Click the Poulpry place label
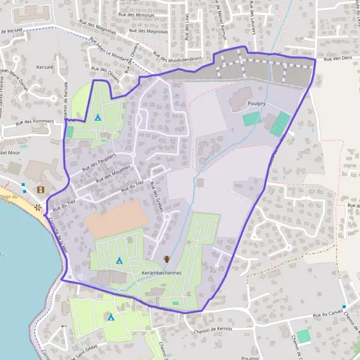(x=257, y=103)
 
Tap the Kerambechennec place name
(x=161, y=272)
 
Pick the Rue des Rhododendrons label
(x=176, y=57)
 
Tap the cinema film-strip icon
(x=41, y=190)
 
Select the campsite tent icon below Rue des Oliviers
(x=97, y=118)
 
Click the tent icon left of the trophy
(x=119, y=260)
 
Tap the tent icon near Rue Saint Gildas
(x=111, y=317)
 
